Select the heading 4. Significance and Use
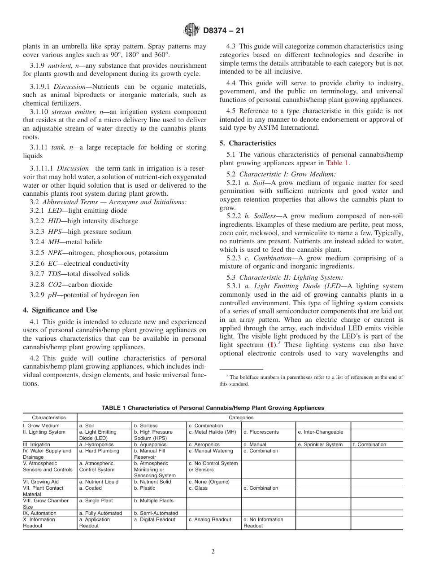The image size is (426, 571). click(x=60, y=310)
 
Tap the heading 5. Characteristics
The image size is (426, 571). click(x=252, y=143)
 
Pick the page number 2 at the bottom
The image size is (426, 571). click(x=213, y=552)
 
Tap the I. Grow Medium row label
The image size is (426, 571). click(x=41, y=426)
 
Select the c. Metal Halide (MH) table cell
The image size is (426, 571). click(x=212, y=432)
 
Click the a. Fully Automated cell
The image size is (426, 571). click(x=100, y=513)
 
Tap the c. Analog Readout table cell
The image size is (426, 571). click(x=210, y=519)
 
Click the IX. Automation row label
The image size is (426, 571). click(x=40, y=513)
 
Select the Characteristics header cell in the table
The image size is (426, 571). click(x=49, y=417)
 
